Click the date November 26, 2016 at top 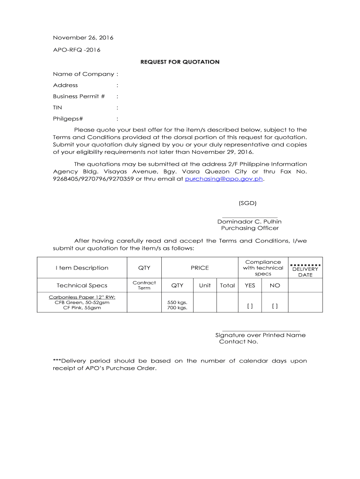pos(83,37)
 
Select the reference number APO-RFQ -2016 pos(77,50)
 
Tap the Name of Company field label pos(83,74)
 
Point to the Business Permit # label pos(79,96)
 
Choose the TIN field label pos(58,108)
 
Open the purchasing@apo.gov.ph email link pos(224,179)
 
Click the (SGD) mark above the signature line pos(247,203)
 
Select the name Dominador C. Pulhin pos(249,221)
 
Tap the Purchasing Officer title pos(250,228)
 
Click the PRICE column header pos(200,268)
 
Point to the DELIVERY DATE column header pos(305,272)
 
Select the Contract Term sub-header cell pos(144,285)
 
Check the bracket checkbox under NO pos(274,306)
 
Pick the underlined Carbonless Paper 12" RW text pos(82,297)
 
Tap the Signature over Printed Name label pos(260,335)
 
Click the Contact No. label pos(238,341)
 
